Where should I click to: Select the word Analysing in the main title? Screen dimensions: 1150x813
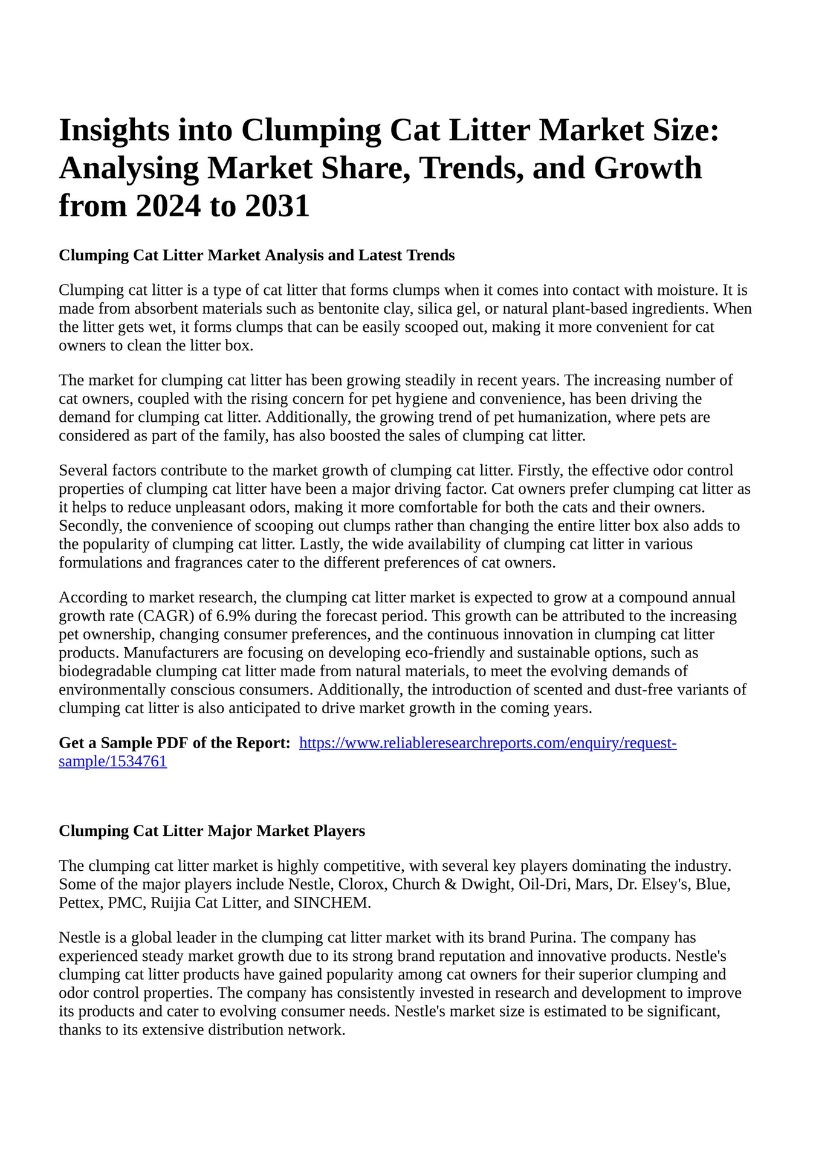coord(129,168)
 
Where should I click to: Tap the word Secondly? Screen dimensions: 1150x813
coord(89,526)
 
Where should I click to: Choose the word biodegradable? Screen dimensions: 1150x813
coord(105,671)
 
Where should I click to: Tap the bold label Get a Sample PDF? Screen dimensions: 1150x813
coord(175,743)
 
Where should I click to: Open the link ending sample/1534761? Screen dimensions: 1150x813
coord(112,761)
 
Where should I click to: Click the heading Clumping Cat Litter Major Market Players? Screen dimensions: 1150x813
coord(212,831)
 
